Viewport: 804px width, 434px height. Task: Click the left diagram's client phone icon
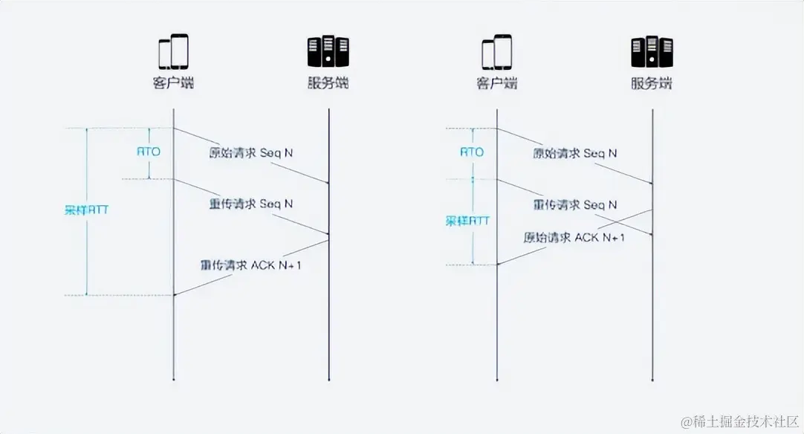click(173, 52)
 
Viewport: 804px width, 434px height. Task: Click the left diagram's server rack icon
click(328, 52)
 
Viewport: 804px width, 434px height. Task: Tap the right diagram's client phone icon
click(496, 52)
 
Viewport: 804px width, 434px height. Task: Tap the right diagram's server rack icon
click(652, 52)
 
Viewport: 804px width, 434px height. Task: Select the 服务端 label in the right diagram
click(652, 83)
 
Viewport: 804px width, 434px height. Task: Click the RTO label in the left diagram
click(148, 152)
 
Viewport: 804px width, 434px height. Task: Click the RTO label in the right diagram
click(471, 152)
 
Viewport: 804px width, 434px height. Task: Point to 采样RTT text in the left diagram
click(86, 210)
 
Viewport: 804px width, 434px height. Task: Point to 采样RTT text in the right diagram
click(467, 221)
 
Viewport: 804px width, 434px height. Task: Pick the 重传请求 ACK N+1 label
click(250, 264)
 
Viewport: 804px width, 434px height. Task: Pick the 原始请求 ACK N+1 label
click(574, 238)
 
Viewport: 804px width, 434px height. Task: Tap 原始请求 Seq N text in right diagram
click(574, 153)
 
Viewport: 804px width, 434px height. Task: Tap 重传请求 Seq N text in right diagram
click(574, 204)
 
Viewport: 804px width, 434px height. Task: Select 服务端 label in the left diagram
click(328, 83)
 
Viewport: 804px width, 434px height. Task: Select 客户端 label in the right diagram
click(496, 83)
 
